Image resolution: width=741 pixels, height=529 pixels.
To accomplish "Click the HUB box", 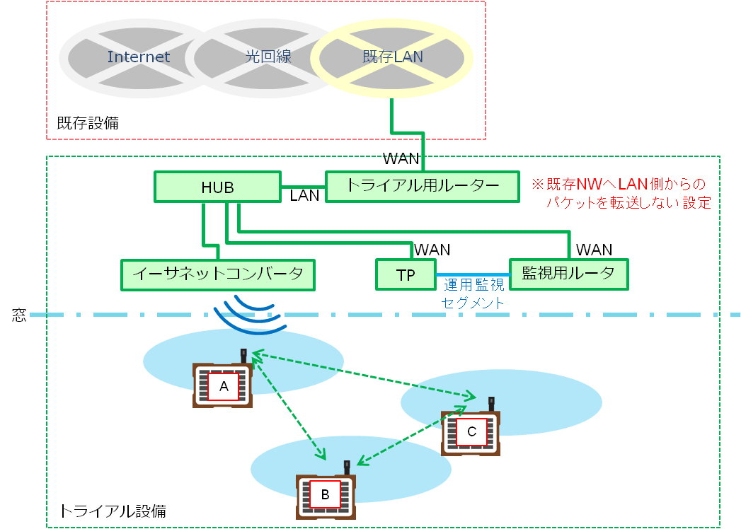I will (x=217, y=187).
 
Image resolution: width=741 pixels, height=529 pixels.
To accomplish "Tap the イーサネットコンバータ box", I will (x=218, y=274).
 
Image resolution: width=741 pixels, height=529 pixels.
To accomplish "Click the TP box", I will (x=406, y=275).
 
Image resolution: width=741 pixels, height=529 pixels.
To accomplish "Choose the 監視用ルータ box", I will (x=568, y=274).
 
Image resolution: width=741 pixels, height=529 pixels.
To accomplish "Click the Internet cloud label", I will (x=139, y=57).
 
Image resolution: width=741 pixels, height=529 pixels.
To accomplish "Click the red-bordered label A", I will (x=224, y=387).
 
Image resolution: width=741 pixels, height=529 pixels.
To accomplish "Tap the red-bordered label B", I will (x=325, y=494).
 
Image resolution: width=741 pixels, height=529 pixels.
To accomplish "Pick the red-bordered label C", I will (x=471, y=431).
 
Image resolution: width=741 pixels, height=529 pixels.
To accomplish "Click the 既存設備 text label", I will (x=88, y=123).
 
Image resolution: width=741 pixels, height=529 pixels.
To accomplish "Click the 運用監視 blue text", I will (x=473, y=286).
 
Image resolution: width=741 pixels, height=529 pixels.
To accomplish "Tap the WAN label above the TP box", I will (x=432, y=250).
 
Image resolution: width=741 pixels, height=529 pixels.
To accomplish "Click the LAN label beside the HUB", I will (x=305, y=196).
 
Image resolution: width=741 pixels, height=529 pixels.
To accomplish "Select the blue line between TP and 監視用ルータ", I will (x=473, y=274).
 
